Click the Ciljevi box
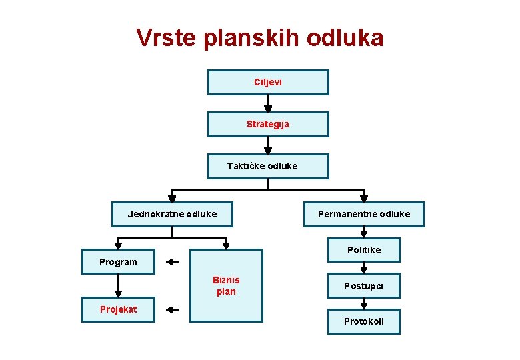pyautogui.click(x=268, y=82)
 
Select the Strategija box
pyautogui.click(x=268, y=124)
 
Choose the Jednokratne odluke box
pyautogui.click(x=172, y=214)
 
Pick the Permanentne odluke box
pyautogui.click(x=364, y=214)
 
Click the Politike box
pyautogui.click(x=364, y=250)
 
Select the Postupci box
pyautogui.click(x=364, y=285)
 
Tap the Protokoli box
pyautogui.click(x=364, y=321)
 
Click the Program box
pyautogui.click(x=118, y=262)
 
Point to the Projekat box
pyautogui.click(x=118, y=309)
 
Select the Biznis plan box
pyautogui.click(x=226, y=285)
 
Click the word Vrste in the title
pyautogui.click(x=165, y=38)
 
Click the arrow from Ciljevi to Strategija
pyautogui.click(x=268, y=103)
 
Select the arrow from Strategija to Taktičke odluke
pyautogui.click(x=268, y=145)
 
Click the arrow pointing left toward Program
pyautogui.click(x=173, y=262)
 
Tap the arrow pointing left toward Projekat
pyautogui.click(x=173, y=309)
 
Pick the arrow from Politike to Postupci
pyautogui.click(x=364, y=267)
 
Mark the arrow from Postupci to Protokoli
pyautogui.click(x=364, y=303)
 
